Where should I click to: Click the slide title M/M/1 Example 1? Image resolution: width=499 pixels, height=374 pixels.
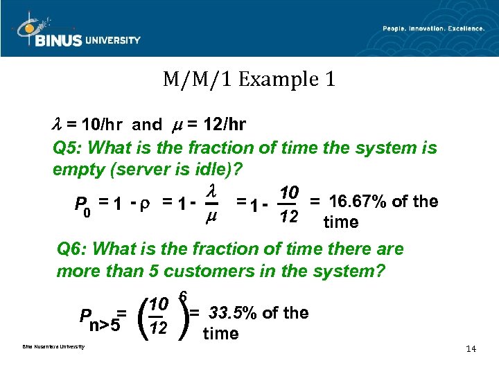pyautogui.click(x=249, y=79)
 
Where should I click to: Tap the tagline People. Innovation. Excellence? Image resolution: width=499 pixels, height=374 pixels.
pyautogui.click(x=433, y=28)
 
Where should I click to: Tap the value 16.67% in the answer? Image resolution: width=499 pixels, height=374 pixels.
pyautogui.click(x=358, y=202)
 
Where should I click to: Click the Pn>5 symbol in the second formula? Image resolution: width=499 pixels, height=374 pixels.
pyautogui.click(x=100, y=320)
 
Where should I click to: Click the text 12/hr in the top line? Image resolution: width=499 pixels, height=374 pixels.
pyautogui.click(x=225, y=125)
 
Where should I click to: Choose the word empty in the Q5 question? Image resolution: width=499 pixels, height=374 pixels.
pyautogui.click(x=76, y=169)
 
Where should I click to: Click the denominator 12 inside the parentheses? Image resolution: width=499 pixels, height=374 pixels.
pyautogui.click(x=160, y=328)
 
